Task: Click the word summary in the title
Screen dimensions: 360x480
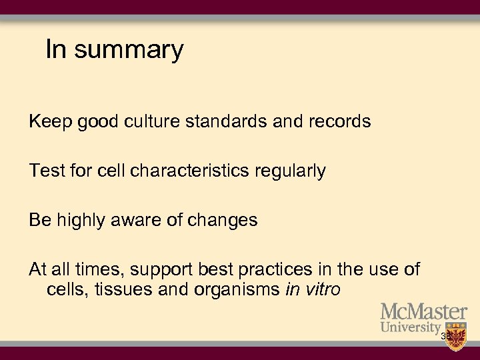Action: (129, 51)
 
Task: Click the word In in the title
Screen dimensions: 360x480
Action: (57, 49)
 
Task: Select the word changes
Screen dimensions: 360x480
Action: (225, 221)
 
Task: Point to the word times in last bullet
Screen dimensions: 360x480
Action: (99, 270)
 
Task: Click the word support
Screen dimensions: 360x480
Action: (161, 270)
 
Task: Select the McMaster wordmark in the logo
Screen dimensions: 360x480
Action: (424, 312)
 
